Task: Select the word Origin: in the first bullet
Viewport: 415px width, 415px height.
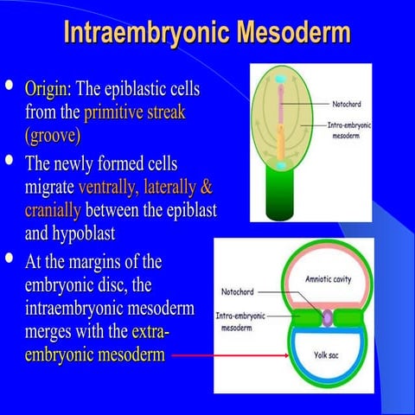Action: pyautogui.click(x=49, y=89)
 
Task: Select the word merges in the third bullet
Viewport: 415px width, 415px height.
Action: pyautogui.click(x=55, y=332)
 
